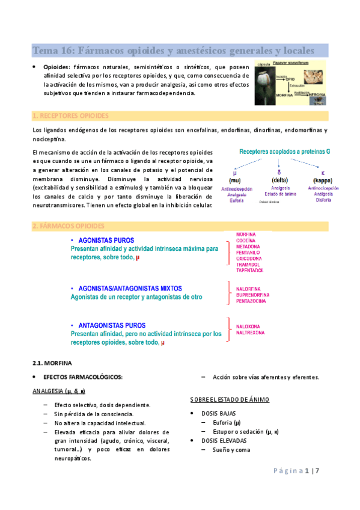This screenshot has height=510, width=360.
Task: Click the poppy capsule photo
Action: tap(265, 81)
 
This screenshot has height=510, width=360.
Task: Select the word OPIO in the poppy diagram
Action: tap(290, 79)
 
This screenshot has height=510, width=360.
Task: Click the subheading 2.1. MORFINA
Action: tap(52, 363)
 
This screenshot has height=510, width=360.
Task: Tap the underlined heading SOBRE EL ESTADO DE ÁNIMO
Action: tap(230, 399)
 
